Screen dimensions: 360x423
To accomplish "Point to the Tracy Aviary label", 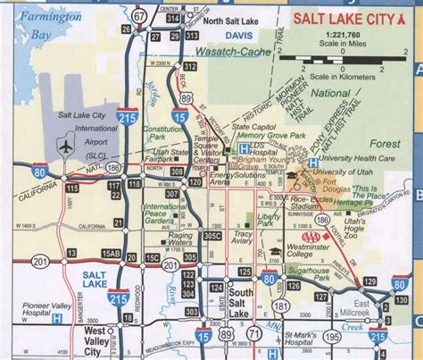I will [243, 237].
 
